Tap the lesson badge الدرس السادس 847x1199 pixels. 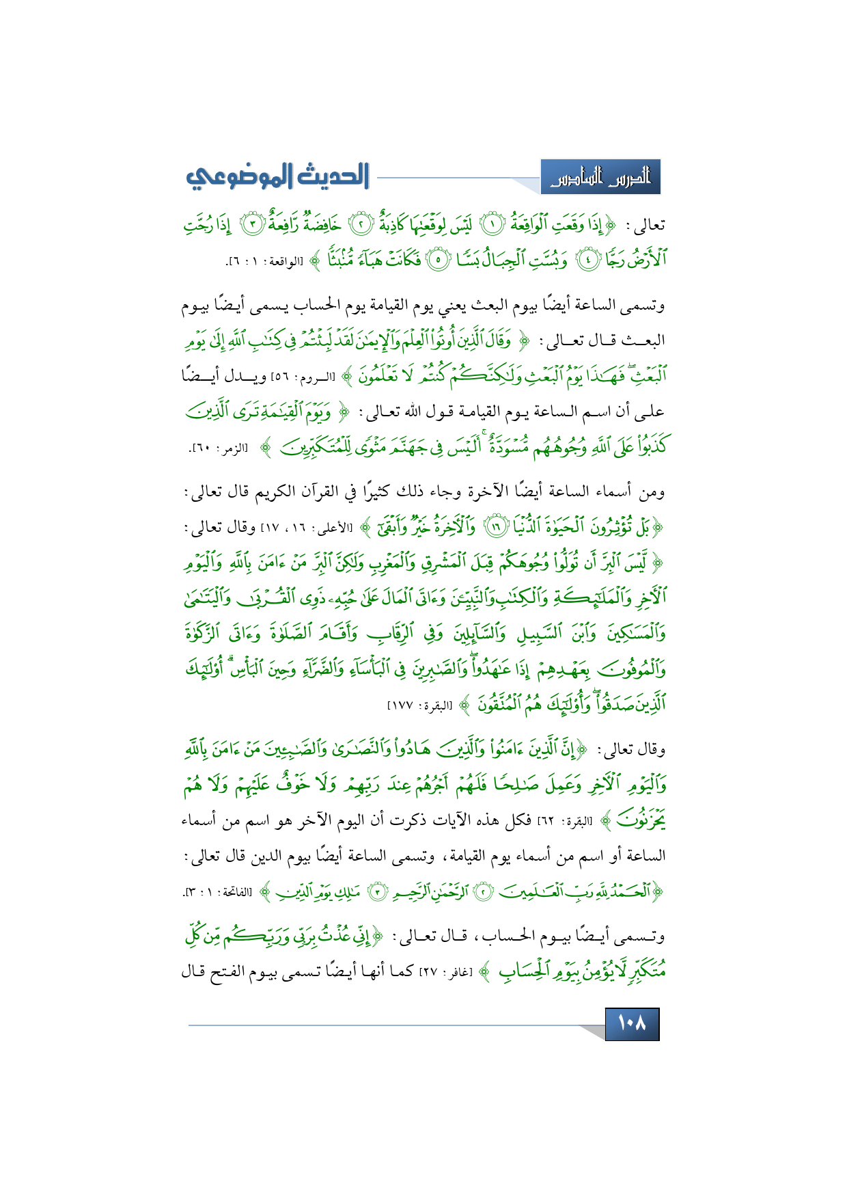click(x=600, y=178)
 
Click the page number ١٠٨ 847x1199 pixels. click(x=632, y=1024)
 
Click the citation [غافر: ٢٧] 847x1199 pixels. click(x=458, y=972)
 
